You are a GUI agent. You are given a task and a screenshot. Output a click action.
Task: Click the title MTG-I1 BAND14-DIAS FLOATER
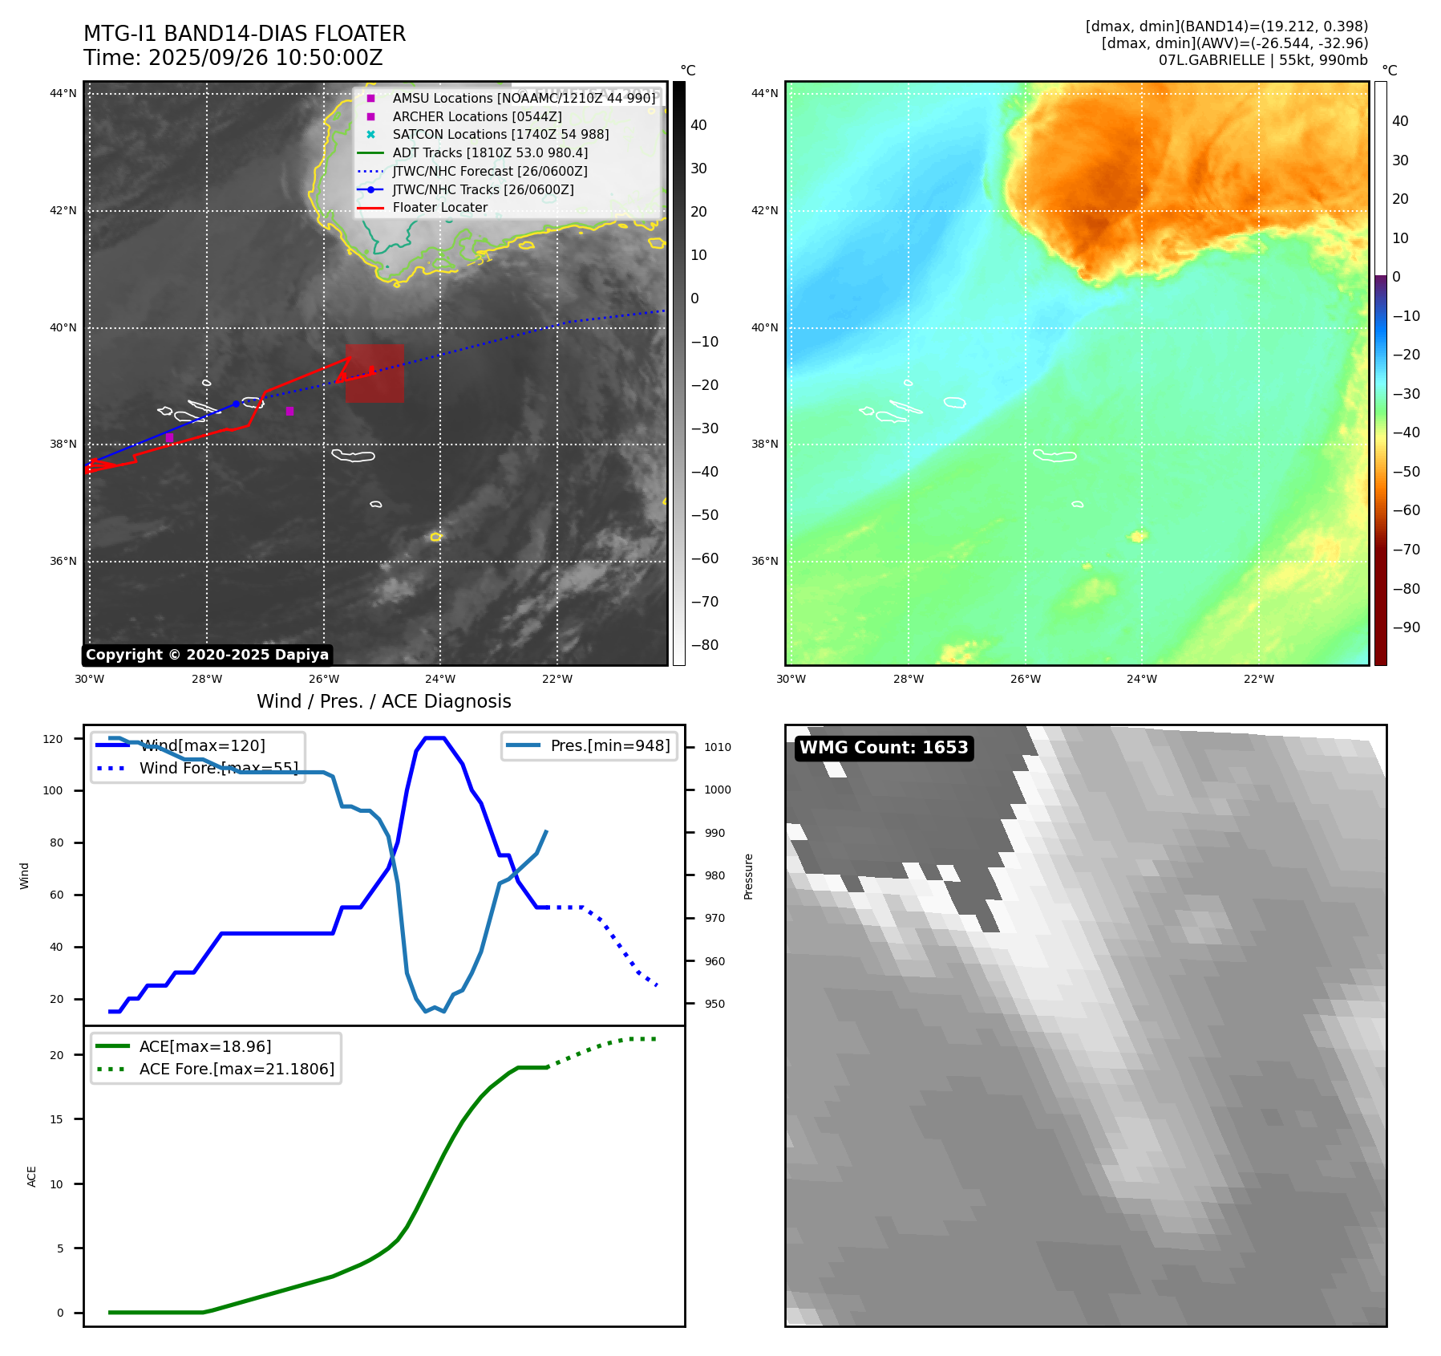pos(245,34)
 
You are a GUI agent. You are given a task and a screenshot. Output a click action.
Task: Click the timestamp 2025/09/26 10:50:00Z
pos(265,59)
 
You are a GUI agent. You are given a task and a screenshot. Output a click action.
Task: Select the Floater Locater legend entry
pos(439,208)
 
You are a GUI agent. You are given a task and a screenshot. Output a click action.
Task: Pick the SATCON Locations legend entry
pos(500,135)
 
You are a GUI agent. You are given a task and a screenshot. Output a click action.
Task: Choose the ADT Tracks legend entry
pos(490,153)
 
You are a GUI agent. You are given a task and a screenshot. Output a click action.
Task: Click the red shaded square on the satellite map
pos(374,374)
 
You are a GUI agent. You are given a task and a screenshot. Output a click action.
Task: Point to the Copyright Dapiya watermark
pos(207,655)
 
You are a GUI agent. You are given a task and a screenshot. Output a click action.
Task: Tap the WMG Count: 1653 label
pos(884,748)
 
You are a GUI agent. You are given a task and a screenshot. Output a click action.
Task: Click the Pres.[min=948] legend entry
pos(609,746)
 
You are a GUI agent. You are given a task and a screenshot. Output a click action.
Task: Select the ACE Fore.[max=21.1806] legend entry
pos(237,1070)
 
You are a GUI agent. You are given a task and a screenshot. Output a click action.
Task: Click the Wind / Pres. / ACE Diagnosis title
pos(383,702)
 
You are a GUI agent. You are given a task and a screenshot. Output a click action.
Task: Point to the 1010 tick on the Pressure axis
pos(718,747)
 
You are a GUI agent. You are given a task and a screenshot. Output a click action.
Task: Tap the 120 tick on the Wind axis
pos(53,739)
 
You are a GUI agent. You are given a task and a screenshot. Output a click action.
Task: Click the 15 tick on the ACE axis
pos(56,1119)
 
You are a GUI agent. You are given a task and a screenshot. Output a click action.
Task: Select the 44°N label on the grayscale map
pos(63,94)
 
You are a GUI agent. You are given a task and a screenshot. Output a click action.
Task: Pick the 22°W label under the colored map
pos(1258,680)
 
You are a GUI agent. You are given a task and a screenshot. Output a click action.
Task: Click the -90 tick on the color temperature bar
pos(1406,627)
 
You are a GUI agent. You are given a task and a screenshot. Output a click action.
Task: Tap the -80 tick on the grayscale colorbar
pos(705,645)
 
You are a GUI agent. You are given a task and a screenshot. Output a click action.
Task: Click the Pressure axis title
pos(749,876)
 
